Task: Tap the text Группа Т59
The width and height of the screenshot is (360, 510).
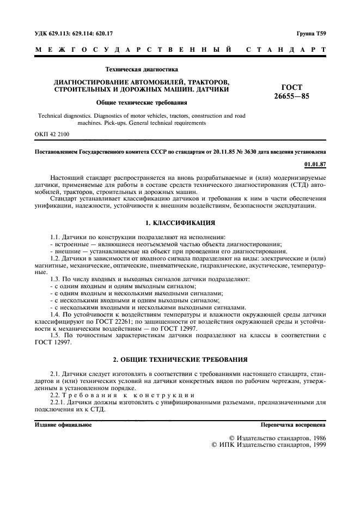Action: (312, 34)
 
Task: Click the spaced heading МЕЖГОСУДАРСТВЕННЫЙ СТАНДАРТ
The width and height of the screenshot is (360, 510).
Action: (180, 50)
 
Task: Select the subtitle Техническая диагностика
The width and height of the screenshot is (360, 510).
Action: (142, 69)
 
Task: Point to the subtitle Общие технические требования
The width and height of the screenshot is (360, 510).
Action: (142, 102)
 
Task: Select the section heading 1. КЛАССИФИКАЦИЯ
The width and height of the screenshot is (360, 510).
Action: (180, 223)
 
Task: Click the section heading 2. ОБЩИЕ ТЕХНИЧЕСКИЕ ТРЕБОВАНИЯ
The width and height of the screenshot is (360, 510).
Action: (180, 360)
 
